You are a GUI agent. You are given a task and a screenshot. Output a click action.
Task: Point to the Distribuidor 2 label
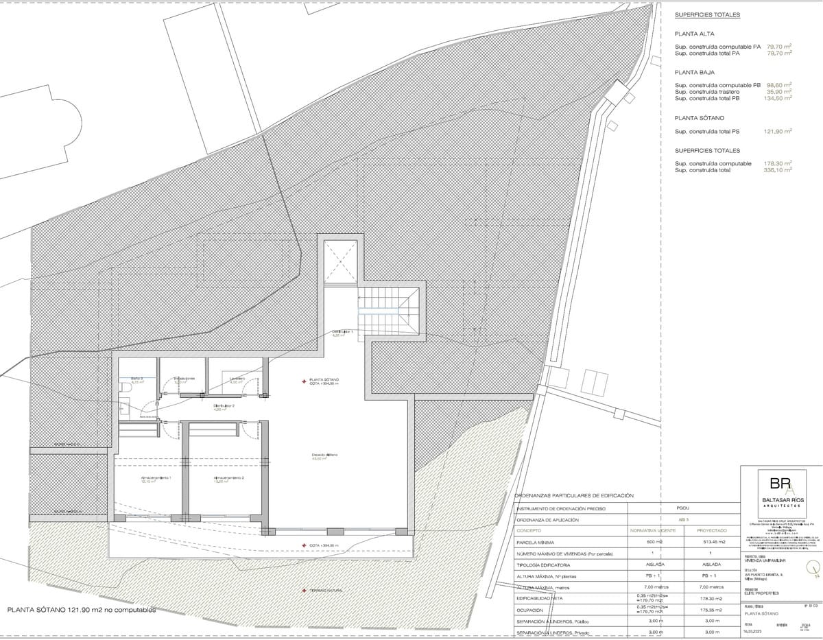pos(224,406)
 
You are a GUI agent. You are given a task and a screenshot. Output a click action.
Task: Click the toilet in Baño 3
pos(125,388)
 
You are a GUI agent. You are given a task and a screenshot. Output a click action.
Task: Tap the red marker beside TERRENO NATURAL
pos(304,590)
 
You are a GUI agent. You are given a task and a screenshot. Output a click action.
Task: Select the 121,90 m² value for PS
pos(778,131)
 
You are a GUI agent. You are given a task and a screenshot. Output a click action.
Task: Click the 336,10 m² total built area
pos(778,170)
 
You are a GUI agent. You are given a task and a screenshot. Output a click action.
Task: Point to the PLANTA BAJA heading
pos(695,72)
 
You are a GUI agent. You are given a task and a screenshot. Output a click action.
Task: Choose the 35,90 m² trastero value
pos(778,91)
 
